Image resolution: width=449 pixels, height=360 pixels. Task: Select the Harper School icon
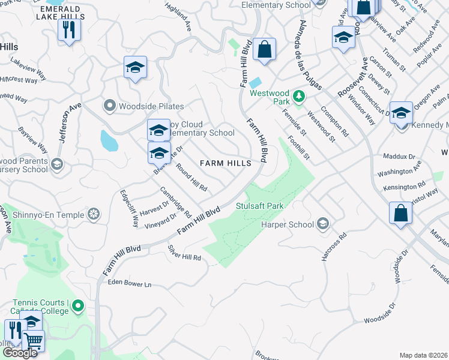coord(323,224)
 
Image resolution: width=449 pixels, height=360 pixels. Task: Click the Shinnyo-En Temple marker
coord(94,214)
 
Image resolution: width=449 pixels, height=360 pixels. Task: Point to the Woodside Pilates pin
coord(109,106)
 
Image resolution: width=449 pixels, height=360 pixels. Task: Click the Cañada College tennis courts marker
coord(77,307)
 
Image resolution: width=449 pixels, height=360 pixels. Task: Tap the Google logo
coord(19,352)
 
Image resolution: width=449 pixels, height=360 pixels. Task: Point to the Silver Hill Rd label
coord(184,253)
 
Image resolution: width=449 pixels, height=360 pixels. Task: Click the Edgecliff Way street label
coord(128,208)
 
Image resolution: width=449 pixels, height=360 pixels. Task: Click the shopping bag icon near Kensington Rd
coord(400,213)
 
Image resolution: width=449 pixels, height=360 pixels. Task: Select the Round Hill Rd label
coord(191,178)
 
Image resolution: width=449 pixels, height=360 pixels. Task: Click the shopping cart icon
coord(34,341)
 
